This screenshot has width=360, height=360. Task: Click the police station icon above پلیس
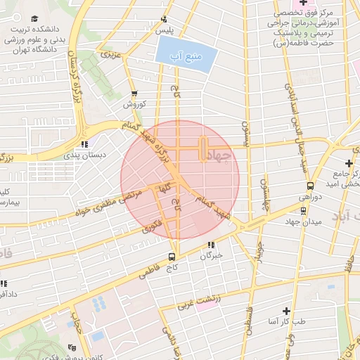[164, 19]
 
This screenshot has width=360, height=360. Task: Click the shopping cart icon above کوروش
[134, 93]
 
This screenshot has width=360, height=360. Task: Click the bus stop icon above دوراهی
[310, 186]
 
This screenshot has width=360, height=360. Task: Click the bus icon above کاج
[172, 257]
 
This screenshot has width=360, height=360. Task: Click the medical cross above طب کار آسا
[286, 310]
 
